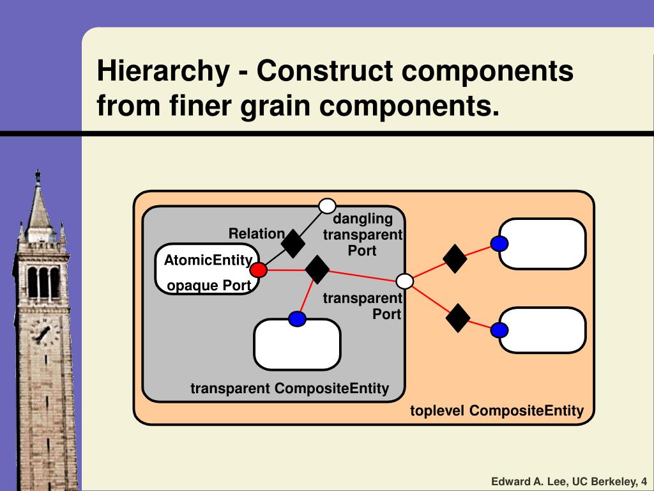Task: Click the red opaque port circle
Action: pyautogui.click(x=258, y=270)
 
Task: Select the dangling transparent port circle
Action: pyautogui.click(x=327, y=206)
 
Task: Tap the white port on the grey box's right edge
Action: pyautogui.click(x=405, y=281)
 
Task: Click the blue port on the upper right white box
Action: pyautogui.click(x=499, y=244)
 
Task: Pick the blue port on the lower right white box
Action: pyautogui.click(x=499, y=330)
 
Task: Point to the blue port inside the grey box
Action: pyautogui.click(x=296, y=318)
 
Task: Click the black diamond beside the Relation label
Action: pyautogui.click(x=294, y=242)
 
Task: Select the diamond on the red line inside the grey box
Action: pyautogui.click(x=317, y=269)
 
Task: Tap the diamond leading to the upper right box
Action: pyautogui.click(x=455, y=258)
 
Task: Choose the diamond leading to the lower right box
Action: pyautogui.click(x=458, y=318)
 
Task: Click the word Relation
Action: pyautogui.click(x=256, y=234)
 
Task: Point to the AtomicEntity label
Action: pyautogui.click(x=208, y=260)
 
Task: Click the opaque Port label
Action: pyautogui.click(x=209, y=286)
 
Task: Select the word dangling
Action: pyautogui.click(x=363, y=220)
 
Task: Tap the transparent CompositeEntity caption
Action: pyautogui.click(x=289, y=389)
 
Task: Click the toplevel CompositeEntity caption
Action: pyautogui.click(x=496, y=410)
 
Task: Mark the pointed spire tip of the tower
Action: pyautogui.click(x=38, y=173)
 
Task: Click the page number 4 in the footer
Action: pyautogui.click(x=644, y=481)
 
